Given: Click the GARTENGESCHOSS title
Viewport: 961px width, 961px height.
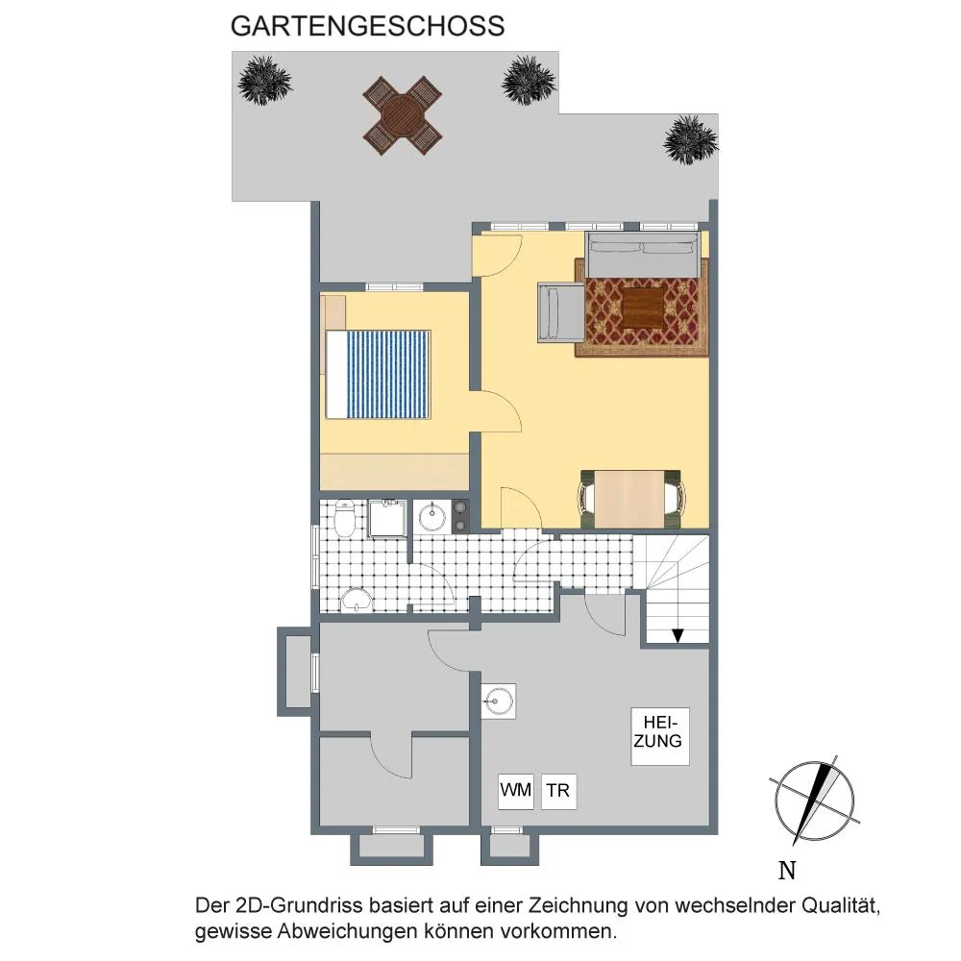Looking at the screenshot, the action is (367, 26).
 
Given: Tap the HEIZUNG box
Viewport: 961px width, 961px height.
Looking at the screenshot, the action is (660, 736).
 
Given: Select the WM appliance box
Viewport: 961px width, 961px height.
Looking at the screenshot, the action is (515, 791).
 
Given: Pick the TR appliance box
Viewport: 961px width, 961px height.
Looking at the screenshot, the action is (558, 791).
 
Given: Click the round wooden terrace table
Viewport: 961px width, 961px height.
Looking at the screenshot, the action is (402, 116).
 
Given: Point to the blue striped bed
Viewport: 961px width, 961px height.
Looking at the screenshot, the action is (378, 375).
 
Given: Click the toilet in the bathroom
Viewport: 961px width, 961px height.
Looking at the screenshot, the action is (345, 519).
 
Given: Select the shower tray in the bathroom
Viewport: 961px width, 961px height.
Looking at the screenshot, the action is (386, 519).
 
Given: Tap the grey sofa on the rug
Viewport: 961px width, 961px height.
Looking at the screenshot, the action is (642, 255).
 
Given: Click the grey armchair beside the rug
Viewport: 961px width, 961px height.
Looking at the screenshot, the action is (561, 312).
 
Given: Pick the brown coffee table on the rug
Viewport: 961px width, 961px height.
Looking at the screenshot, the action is (644, 308).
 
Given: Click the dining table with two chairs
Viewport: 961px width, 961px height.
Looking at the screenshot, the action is (630, 499).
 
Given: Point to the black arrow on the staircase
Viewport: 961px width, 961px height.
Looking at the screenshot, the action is (678, 635).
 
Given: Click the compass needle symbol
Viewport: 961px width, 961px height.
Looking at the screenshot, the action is (814, 801).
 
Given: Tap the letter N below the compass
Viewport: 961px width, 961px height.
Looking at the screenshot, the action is (787, 871).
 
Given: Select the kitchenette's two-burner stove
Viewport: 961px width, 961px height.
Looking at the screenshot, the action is (459, 516).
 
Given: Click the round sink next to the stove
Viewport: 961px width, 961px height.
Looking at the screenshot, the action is (432, 516).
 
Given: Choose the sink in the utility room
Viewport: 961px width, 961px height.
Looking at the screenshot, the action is (498, 701).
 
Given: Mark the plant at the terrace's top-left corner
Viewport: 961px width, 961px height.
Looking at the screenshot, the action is (265, 80).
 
